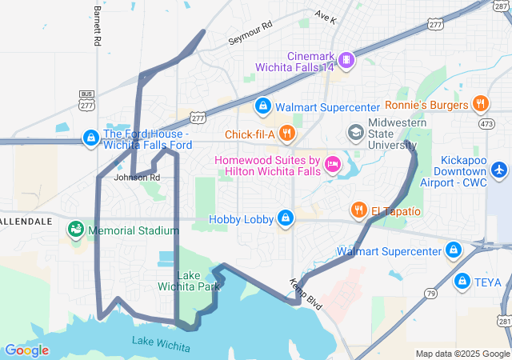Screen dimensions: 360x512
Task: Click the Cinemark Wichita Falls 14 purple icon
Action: pyautogui.click(x=346, y=58)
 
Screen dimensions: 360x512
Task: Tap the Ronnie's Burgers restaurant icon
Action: pyautogui.click(x=480, y=103)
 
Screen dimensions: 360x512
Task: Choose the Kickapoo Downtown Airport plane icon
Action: pyautogui.click(x=499, y=170)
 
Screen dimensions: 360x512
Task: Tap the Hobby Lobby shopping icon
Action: pyautogui.click(x=286, y=218)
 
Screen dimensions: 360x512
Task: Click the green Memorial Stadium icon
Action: pyautogui.click(x=76, y=230)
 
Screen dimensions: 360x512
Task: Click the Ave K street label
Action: pyautogui.click(x=326, y=16)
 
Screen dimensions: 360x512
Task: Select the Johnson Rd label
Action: pyautogui.click(x=137, y=177)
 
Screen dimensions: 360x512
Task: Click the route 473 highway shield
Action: pyautogui.click(x=487, y=124)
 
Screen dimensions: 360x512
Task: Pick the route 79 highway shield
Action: pyautogui.click(x=430, y=294)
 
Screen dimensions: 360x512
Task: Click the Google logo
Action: pyautogui.click(x=26, y=350)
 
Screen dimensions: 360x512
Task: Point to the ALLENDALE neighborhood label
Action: pyautogui.click(x=26, y=220)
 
